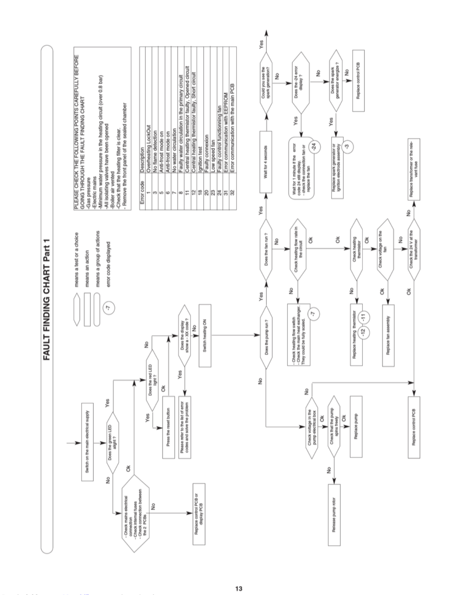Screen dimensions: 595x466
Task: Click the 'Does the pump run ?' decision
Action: click(x=266, y=337)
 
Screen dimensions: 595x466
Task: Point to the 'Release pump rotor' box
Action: click(x=334, y=515)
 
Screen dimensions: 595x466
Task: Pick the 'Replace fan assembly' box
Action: click(x=388, y=336)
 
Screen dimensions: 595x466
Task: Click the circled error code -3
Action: click(x=346, y=147)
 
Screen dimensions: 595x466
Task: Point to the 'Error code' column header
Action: click(x=142, y=193)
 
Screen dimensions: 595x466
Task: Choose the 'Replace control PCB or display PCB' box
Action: click(x=199, y=514)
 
